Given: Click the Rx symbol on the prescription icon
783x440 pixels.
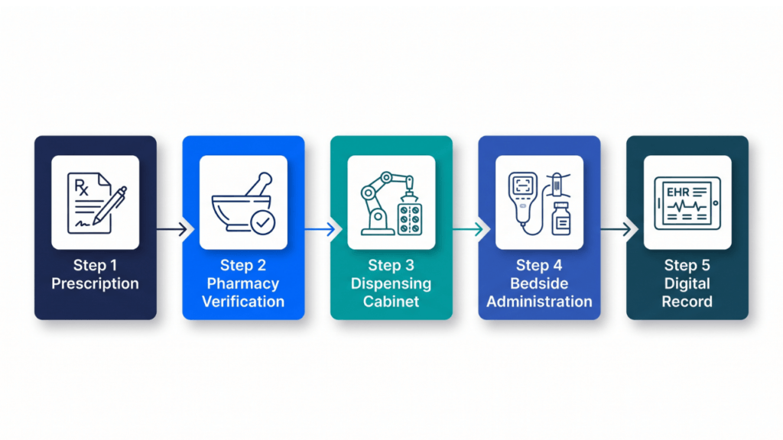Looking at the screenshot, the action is coord(81,187).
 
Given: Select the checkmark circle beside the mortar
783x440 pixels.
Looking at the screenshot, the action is coord(263,222).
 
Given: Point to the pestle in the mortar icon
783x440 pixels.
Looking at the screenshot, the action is coord(260,185).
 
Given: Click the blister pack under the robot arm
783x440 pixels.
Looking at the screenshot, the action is coord(410,219).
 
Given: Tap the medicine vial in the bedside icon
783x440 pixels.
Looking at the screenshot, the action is coord(561,218).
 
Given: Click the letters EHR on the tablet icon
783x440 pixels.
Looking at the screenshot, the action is coord(677,192).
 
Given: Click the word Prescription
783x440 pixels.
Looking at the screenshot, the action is coord(95,283).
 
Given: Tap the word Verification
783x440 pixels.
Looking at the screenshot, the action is coord(243,301).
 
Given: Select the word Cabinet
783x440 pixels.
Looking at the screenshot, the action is coord(391,301).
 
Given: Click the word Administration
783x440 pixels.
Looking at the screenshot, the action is coord(539,301).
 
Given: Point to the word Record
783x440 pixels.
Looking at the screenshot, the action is coord(687,301).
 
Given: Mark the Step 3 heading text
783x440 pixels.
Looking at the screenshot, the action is coord(391,265).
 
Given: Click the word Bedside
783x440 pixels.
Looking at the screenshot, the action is coord(539,283).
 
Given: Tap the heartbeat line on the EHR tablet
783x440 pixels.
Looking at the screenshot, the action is coord(687,205).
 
